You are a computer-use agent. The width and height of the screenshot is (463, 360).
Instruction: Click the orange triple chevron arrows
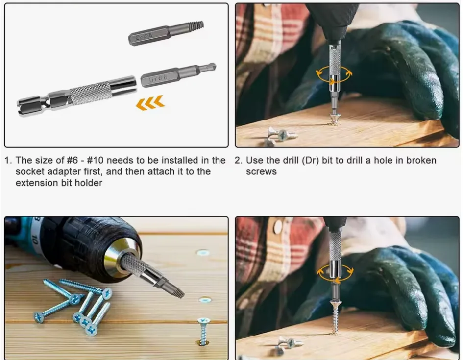(x=150, y=103)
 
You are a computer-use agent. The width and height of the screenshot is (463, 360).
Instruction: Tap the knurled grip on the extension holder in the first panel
(x=91, y=92)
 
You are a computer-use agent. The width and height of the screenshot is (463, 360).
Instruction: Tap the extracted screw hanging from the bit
(x=335, y=316)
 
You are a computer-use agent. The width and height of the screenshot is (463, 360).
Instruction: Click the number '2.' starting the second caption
(x=239, y=160)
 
